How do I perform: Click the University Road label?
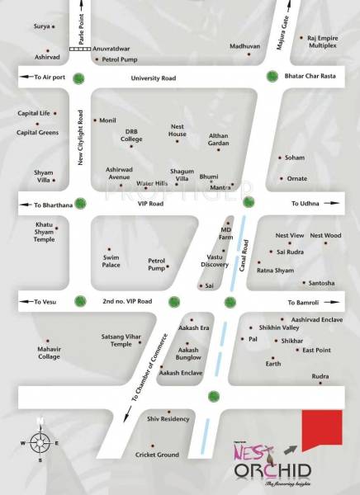click(153, 78)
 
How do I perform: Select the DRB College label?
click(132, 134)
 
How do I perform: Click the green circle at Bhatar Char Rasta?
click(272, 78)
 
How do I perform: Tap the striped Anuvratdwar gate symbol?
click(80, 49)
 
